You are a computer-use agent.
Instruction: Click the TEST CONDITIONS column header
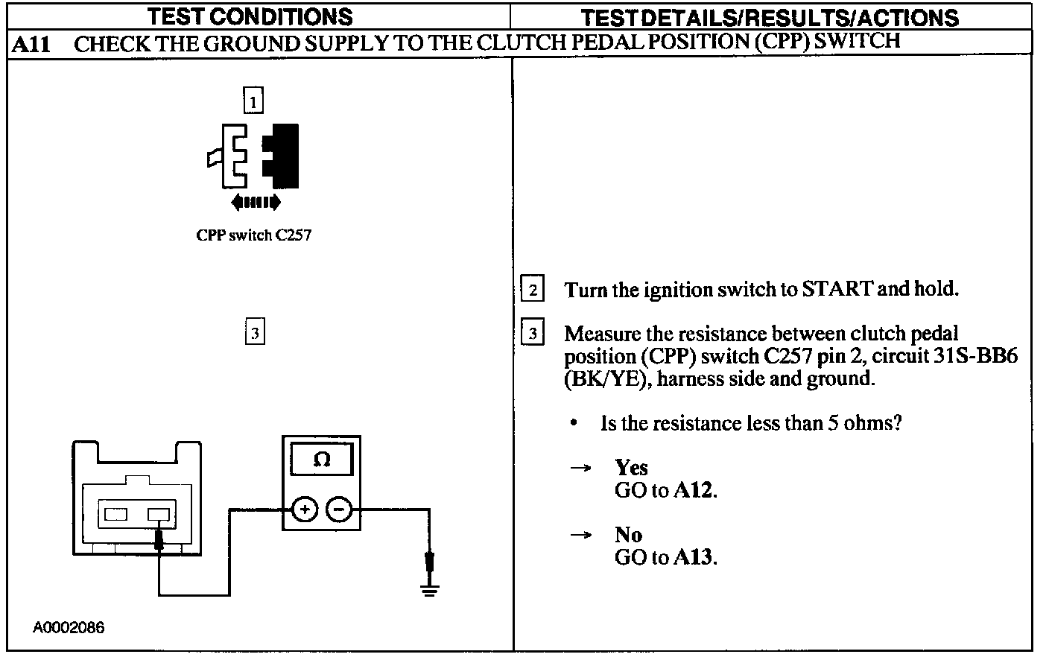pyautogui.click(x=249, y=16)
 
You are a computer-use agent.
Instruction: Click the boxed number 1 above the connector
pyautogui.click(x=253, y=100)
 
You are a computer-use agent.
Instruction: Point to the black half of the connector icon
pyautogui.click(x=283, y=155)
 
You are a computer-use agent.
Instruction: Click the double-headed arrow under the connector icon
pyautogui.click(x=256, y=201)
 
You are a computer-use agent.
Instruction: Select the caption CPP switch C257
pyautogui.click(x=253, y=235)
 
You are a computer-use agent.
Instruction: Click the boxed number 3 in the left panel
pyautogui.click(x=255, y=332)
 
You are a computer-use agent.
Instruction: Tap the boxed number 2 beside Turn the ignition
pyautogui.click(x=532, y=289)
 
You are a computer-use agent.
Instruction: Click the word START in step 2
pyautogui.click(x=837, y=288)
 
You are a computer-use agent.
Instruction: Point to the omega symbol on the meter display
pyautogui.click(x=322, y=460)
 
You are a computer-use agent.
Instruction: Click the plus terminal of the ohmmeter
pyautogui.click(x=304, y=510)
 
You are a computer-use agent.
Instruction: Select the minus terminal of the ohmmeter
pyautogui.click(x=339, y=510)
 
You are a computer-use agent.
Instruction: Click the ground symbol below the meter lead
pyautogui.click(x=429, y=591)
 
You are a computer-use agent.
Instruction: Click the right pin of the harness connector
pyautogui.click(x=159, y=514)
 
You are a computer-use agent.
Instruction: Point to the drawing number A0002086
pyautogui.click(x=69, y=627)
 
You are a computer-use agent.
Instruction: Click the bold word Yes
pyautogui.click(x=631, y=467)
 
